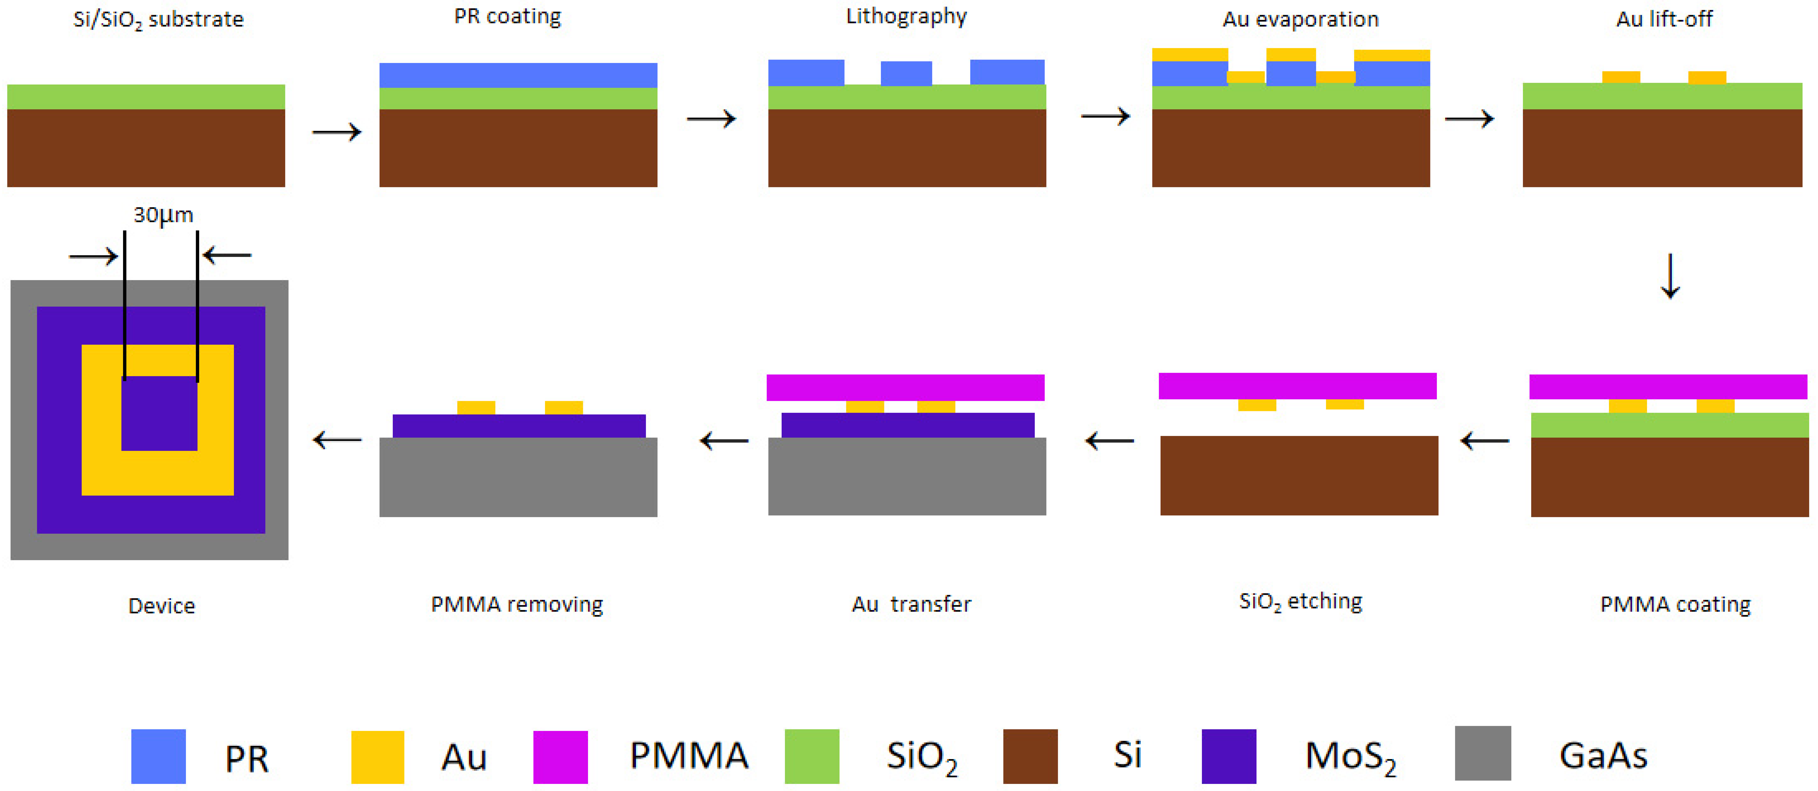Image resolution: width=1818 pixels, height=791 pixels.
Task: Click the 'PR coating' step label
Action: coord(507,16)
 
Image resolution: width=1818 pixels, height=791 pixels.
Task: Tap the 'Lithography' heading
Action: coord(906,16)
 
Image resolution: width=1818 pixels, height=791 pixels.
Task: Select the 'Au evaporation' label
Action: coord(1301,19)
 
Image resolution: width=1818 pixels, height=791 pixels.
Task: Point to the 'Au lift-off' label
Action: coord(1664,19)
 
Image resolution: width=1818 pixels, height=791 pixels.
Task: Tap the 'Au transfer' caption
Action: coord(911,604)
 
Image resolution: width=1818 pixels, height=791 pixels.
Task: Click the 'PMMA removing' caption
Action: coord(517,605)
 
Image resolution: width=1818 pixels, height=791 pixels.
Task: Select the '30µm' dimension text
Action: coord(163,215)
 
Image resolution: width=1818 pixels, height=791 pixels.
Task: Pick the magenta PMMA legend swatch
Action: coord(560,757)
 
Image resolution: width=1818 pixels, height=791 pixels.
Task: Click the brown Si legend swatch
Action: coord(1030,756)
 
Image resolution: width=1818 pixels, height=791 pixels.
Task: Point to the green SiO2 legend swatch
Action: coord(812,756)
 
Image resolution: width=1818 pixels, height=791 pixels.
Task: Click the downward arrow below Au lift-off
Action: coord(1670,276)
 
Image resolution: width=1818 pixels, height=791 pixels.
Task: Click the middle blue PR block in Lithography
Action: coord(906,73)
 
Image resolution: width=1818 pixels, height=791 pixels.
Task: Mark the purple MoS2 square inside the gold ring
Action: coord(159,413)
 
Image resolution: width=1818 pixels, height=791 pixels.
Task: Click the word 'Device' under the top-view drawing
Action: coord(162,606)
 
